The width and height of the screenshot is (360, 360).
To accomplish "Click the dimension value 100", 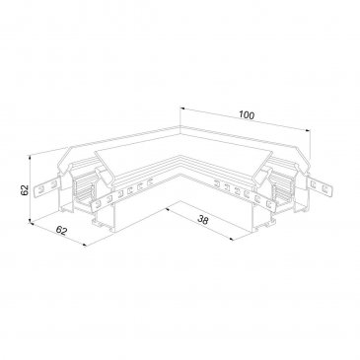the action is [x=247, y=115].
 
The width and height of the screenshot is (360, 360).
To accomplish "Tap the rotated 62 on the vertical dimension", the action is [x=25, y=190].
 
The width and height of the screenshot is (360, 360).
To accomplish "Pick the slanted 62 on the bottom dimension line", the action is [x=61, y=231].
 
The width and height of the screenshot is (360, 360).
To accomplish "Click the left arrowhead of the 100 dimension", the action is [x=181, y=108].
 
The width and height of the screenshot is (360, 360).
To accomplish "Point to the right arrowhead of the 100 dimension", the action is [x=308, y=130].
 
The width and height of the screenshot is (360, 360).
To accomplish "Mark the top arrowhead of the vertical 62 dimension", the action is [x=31, y=157].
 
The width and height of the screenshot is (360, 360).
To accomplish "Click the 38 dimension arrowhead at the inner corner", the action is [x=168, y=209].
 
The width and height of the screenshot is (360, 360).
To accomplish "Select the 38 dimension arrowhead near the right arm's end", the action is [x=232, y=239].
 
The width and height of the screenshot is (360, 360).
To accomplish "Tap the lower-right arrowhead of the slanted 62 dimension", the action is [x=85, y=244].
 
